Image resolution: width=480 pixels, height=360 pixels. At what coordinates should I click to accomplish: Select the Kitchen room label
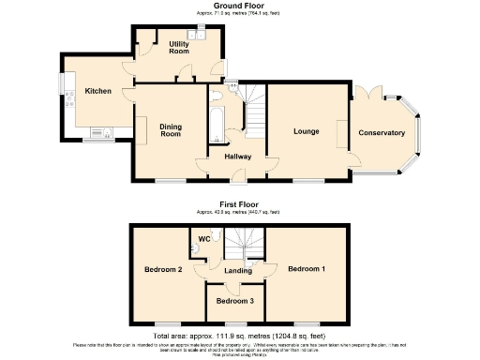[x=98, y=91]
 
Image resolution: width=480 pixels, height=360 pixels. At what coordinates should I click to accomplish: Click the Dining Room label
[x=170, y=129]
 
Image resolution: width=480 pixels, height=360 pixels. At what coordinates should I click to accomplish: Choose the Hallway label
[x=237, y=156]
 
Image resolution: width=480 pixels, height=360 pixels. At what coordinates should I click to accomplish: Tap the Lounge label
[x=307, y=132]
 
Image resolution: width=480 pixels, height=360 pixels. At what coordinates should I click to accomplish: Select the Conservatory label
[x=382, y=132]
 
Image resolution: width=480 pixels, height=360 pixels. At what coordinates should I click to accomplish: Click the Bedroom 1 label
[x=307, y=269]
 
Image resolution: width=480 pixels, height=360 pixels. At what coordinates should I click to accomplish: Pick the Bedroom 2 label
[x=162, y=270]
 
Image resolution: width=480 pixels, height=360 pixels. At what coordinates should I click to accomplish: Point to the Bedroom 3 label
[x=234, y=301]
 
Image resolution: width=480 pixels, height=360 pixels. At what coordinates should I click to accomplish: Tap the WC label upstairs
[x=203, y=239]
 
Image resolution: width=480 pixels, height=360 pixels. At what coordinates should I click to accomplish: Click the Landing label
[x=237, y=271]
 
